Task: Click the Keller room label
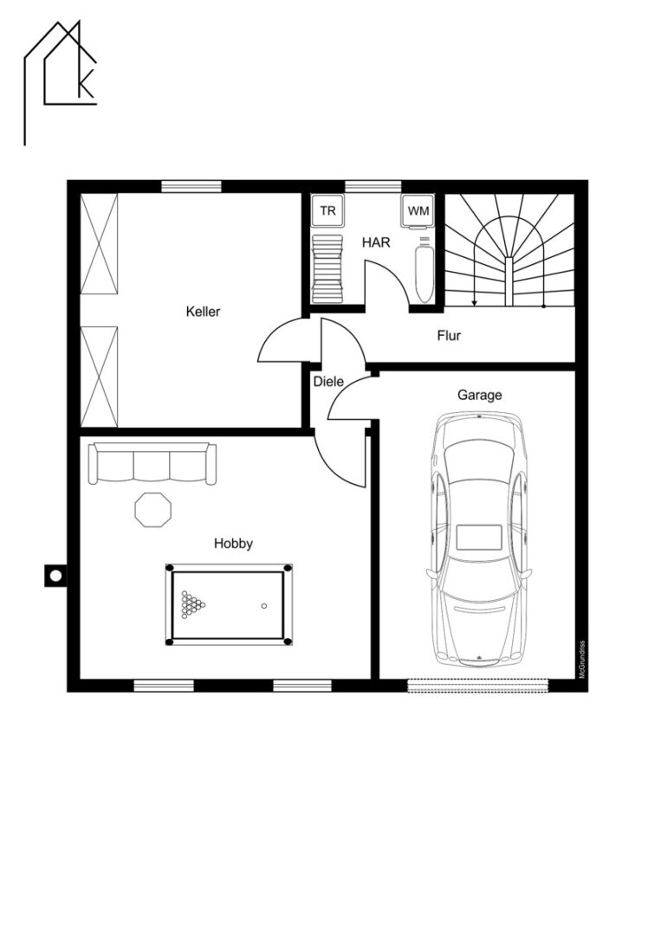pyautogui.click(x=203, y=312)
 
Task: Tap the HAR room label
pyautogui.click(x=376, y=242)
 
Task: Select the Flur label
pyautogui.click(x=449, y=335)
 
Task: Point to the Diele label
pyautogui.click(x=328, y=380)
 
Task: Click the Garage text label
pyautogui.click(x=480, y=395)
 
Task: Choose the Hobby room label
pyautogui.click(x=233, y=543)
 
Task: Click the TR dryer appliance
pyautogui.click(x=328, y=210)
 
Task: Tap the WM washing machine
pyautogui.click(x=418, y=211)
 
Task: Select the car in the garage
pyautogui.click(x=480, y=539)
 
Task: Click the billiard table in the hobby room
pyautogui.click(x=229, y=604)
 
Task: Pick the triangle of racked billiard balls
pyautogui.click(x=192, y=603)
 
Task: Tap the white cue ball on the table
pyautogui.click(x=263, y=606)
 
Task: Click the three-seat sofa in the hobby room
pyautogui.click(x=152, y=463)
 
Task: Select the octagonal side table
pyautogui.click(x=153, y=509)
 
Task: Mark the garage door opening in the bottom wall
pyautogui.click(x=478, y=685)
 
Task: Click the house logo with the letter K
pyautogui.click(x=61, y=82)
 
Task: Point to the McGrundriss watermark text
pyautogui.click(x=581, y=659)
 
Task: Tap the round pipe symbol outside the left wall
pyautogui.click(x=55, y=576)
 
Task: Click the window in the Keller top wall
pyautogui.click(x=191, y=186)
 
